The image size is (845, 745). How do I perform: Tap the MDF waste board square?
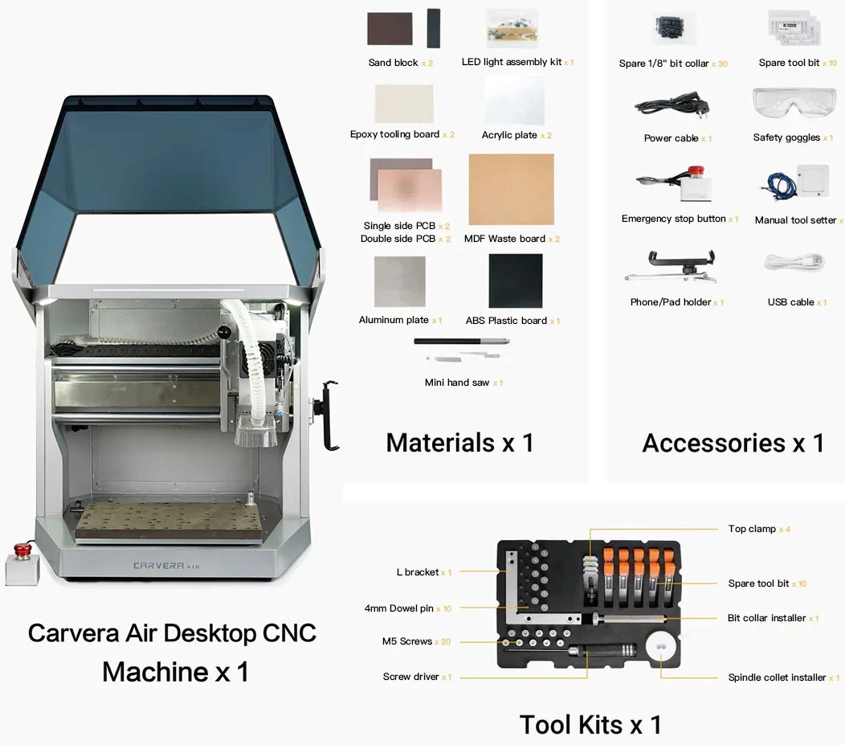point(511,190)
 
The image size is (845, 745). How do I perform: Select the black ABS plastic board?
point(515,280)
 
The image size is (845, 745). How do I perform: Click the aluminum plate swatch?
point(399,281)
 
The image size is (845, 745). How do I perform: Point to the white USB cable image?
point(794,262)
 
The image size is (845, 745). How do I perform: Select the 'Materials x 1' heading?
point(459,443)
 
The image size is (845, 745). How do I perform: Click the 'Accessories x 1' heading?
point(733,443)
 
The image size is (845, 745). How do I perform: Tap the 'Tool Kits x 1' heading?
point(590,724)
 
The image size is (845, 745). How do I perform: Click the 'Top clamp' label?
point(752,529)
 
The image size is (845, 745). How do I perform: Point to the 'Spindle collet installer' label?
point(777,677)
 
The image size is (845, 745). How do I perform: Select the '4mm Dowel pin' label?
point(399,608)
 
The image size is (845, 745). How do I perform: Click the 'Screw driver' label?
point(410,677)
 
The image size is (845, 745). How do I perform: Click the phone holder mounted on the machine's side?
point(330,415)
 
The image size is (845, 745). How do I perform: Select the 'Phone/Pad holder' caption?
point(670,302)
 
